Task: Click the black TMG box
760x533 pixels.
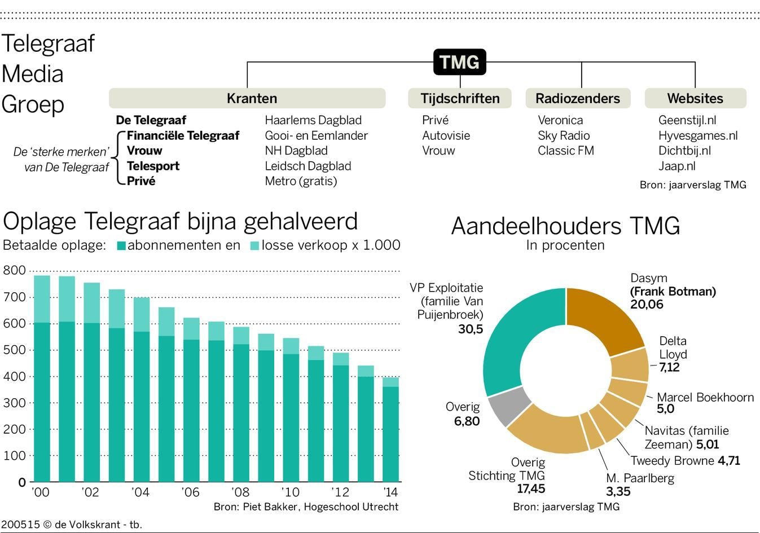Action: [459, 62]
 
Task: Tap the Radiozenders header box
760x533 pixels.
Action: [577, 98]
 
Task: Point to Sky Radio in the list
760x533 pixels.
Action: [563, 135]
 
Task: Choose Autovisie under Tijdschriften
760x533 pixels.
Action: [446, 135]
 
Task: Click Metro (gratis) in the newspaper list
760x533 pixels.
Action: [301, 181]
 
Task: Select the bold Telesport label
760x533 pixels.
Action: [153, 166]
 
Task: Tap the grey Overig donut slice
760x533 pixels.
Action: [508, 407]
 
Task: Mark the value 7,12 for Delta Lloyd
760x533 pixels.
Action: [669, 367]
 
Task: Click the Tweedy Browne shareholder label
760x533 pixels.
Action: [673, 461]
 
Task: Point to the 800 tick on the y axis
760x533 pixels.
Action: [15, 270]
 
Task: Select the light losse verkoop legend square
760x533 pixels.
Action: [254, 246]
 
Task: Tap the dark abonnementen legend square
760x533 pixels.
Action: [121, 246]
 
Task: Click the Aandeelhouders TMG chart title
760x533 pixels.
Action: [565, 226]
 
